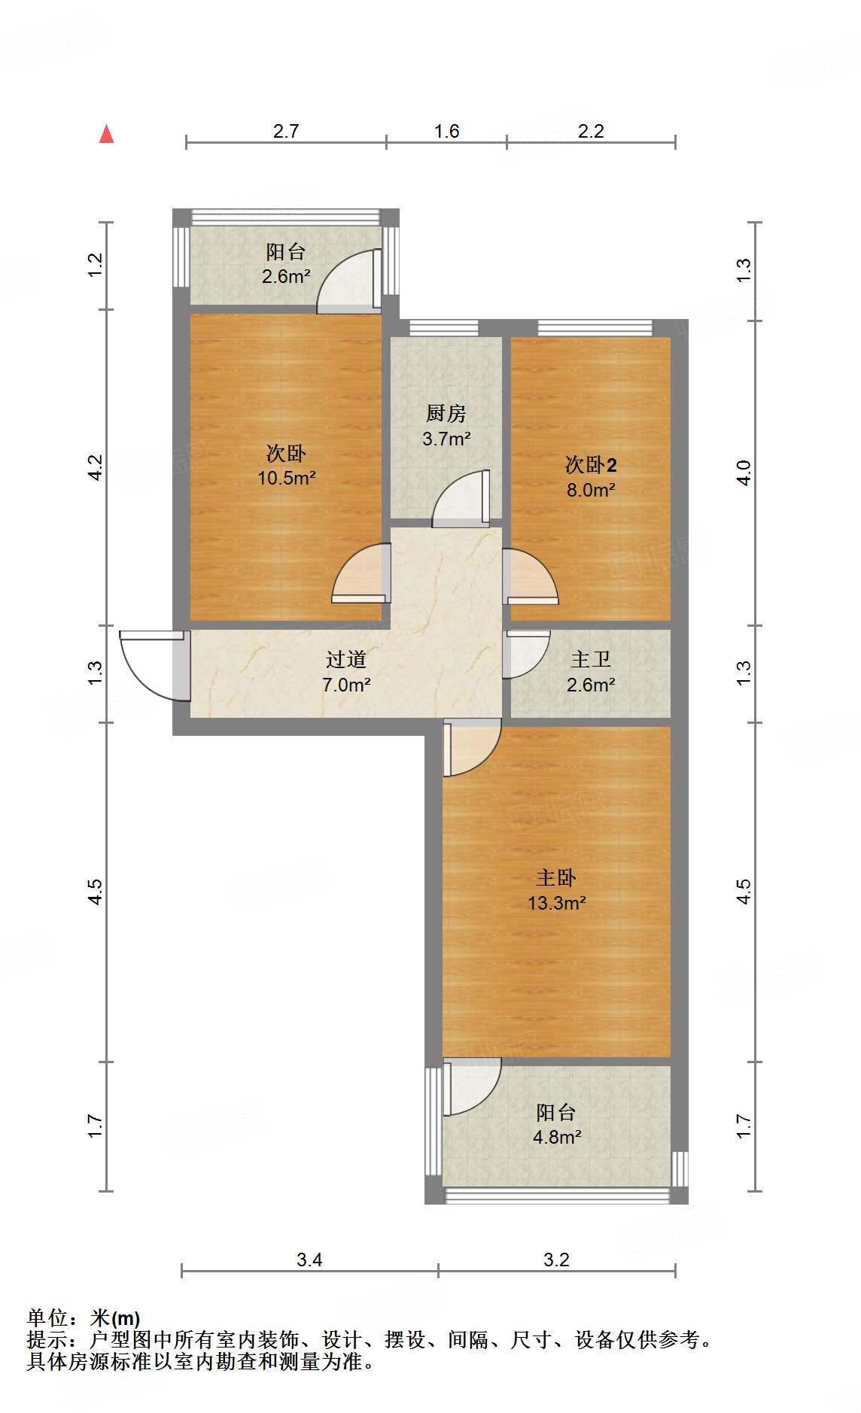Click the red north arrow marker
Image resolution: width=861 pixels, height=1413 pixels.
107,134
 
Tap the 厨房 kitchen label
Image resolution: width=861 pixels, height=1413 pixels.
446,413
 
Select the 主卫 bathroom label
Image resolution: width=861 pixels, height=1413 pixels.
591,660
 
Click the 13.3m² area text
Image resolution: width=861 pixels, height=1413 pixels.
557,903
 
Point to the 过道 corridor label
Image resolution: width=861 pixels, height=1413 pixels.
346,660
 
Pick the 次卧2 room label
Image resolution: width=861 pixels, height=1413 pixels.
591,465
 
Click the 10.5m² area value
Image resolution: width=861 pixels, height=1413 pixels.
287,478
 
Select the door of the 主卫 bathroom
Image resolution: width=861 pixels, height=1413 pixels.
526,653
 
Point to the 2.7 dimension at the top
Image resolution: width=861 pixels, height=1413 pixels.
286,132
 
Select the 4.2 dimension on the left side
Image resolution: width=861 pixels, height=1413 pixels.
96,468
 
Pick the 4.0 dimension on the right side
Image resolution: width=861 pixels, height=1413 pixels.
744,473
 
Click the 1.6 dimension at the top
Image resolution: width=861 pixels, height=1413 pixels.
446,132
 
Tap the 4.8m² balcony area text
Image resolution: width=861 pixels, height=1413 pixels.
557,1137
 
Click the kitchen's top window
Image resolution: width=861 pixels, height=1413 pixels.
444,327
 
